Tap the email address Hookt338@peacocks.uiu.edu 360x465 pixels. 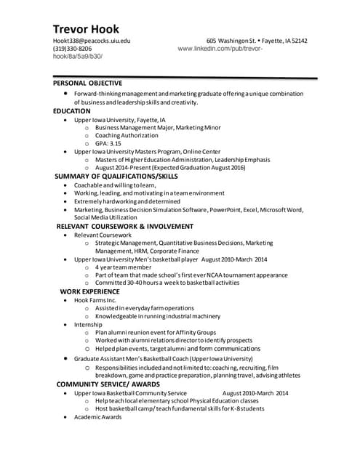pos(92,41)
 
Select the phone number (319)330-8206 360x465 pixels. pos(72,49)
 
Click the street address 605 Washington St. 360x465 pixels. pos(231,41)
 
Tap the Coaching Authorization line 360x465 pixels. pos(127,135)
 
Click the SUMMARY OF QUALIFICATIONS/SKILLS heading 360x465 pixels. pos(116,176)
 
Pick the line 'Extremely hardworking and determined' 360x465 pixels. pos(127,201)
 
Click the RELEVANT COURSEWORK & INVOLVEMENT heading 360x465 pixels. pos(124,227)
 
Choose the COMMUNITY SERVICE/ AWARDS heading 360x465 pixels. pos(108,384)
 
